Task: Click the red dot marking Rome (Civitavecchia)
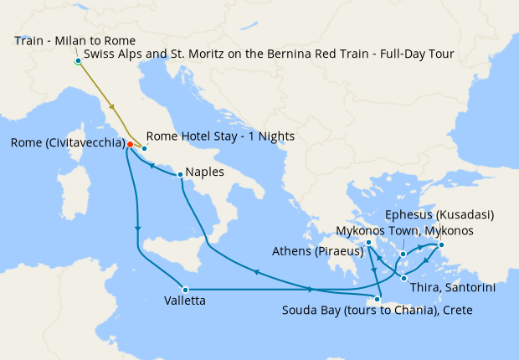pos(130,144)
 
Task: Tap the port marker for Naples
pos(181,175)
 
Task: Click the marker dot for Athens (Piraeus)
pos(368,244)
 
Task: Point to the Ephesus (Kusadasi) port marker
pos(442,245)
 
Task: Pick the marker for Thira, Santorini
pos(404,278)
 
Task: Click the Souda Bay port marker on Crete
pos(379,303)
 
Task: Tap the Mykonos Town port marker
pos(403,254)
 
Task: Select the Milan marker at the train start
pos(78,61)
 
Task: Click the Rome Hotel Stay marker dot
pos(145,148)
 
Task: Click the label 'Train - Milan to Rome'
pos(75,40)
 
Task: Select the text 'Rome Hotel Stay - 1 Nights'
pos(220,136)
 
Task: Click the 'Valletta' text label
pos(186,301)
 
